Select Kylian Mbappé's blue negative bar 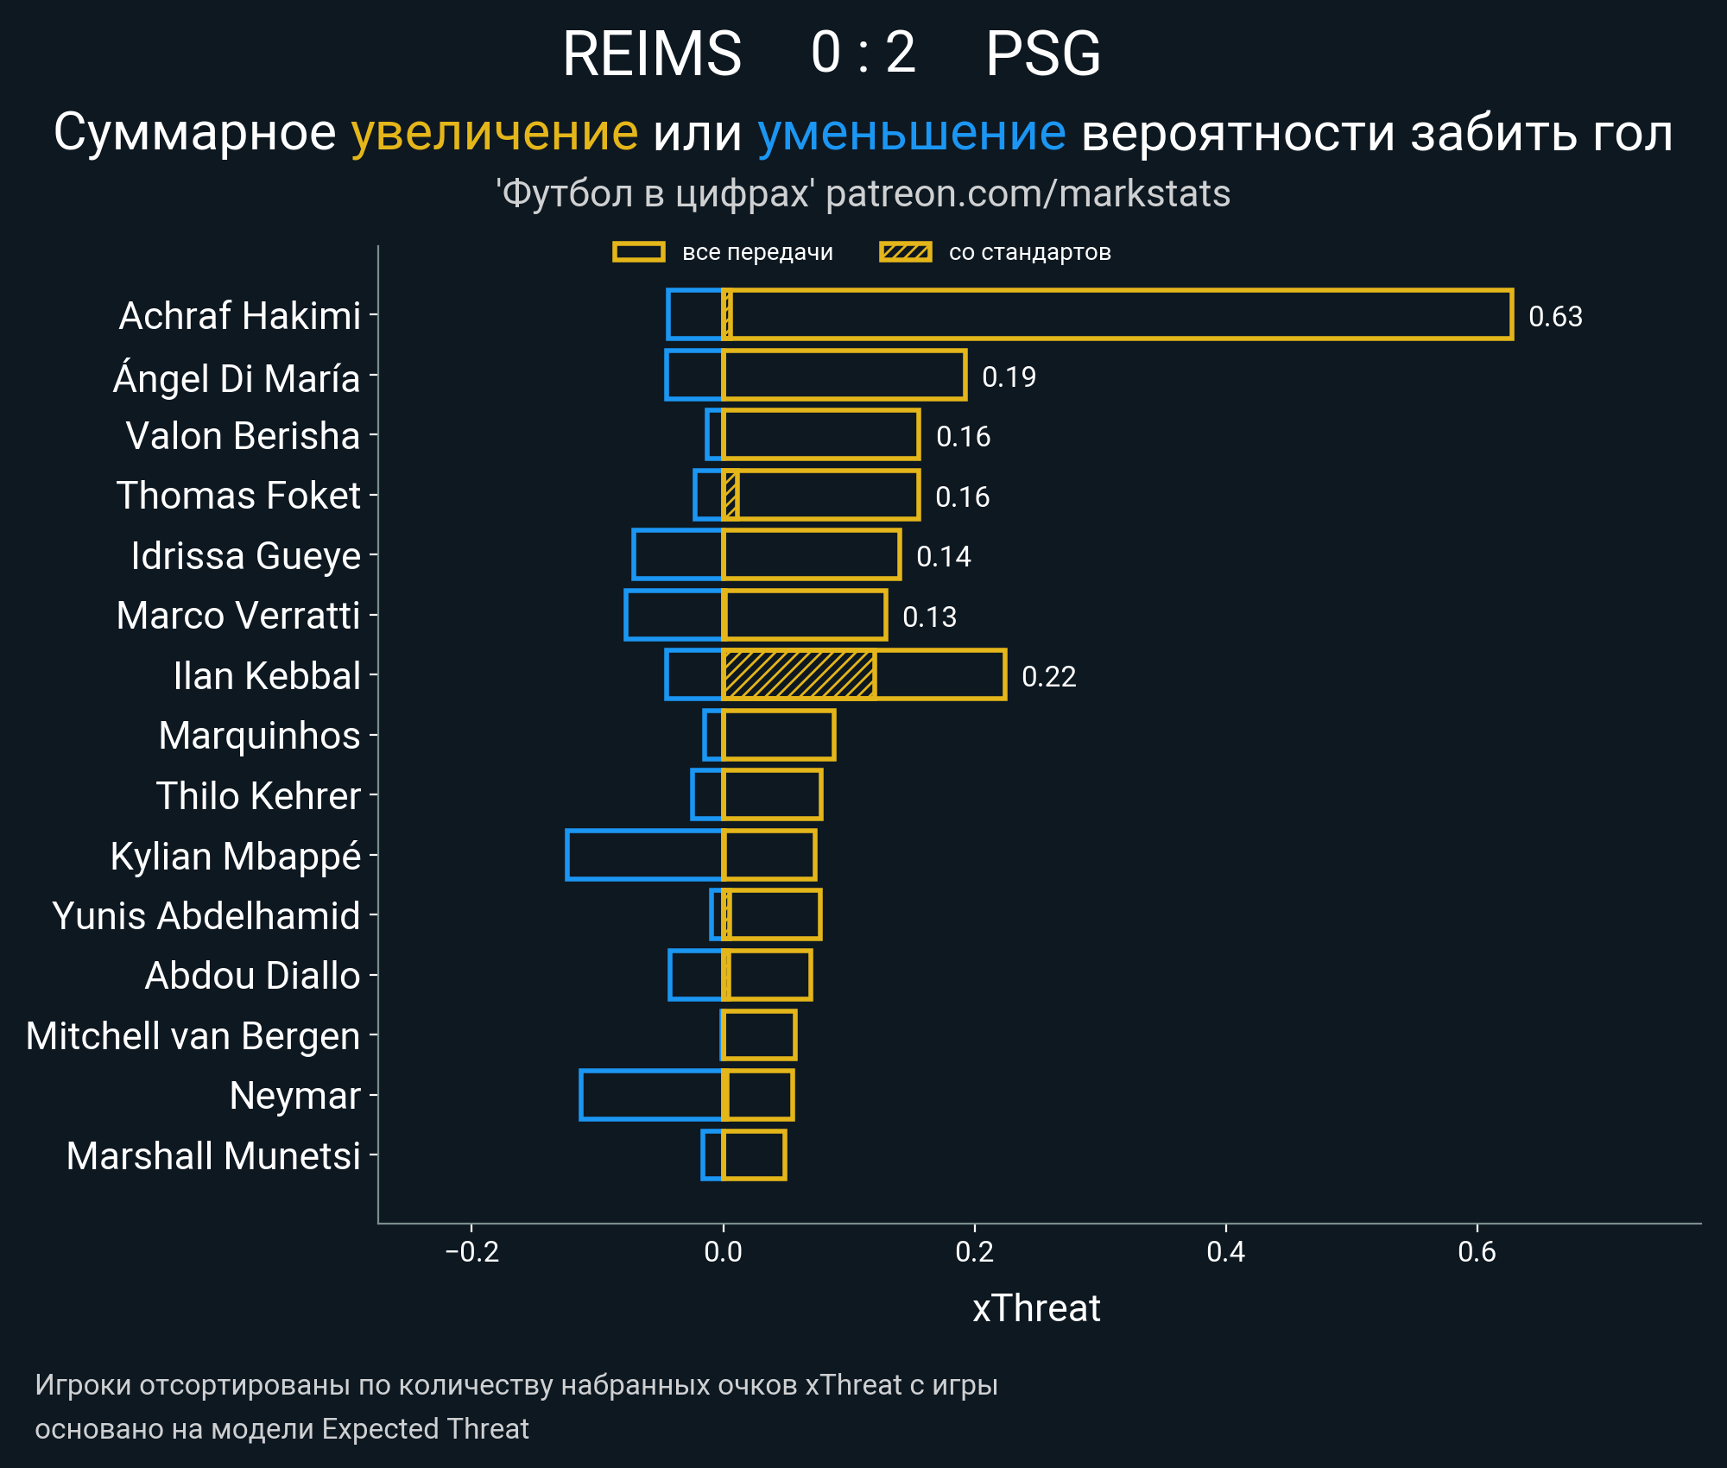[644, 855]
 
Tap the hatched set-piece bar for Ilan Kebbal [799, 674]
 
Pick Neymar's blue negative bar [651, 1095]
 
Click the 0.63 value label [1555, 317]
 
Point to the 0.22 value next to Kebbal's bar [1048, 677]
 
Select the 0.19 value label [1009, 377]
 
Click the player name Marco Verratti [238, 616]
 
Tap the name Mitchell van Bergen [193, 1036]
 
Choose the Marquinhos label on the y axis [259, 736]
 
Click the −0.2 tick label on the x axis [471, 1251]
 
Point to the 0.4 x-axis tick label [1225, 1251]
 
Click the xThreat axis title [1036, 1308]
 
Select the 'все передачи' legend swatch [639, 252]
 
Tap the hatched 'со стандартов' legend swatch [905, 252]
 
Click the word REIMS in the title [652, 54]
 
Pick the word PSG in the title [1043, 54]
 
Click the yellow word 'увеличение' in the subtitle [494, 133]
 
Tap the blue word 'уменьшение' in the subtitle [911, 133]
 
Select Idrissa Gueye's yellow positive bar [812, 555]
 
